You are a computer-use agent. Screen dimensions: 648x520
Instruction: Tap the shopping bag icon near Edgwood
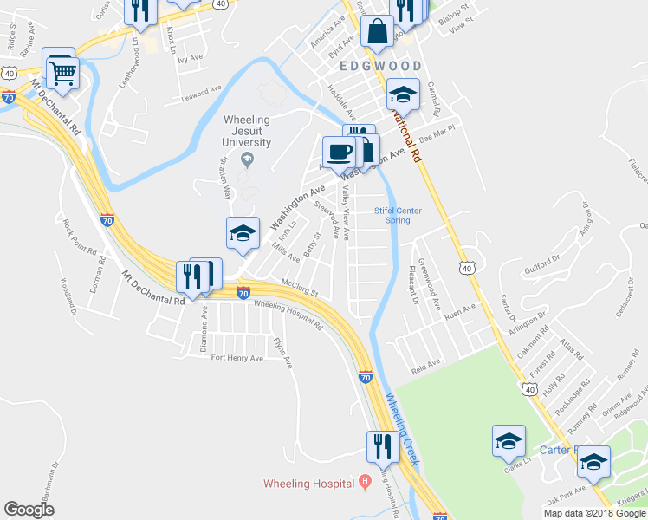(x=378, y=33)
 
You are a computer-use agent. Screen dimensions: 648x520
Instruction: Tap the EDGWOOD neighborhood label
(x=380, y=66)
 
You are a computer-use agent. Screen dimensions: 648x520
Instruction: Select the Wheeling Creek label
(x=403, y=429)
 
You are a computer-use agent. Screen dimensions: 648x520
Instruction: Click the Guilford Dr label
(x=542, y=262)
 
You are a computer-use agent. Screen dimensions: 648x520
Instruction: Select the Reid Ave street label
(x=426, y=365)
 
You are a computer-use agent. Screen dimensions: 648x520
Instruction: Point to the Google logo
(x=29, y=510)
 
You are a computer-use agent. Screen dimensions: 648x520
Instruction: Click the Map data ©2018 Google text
(x=593, y=513)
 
